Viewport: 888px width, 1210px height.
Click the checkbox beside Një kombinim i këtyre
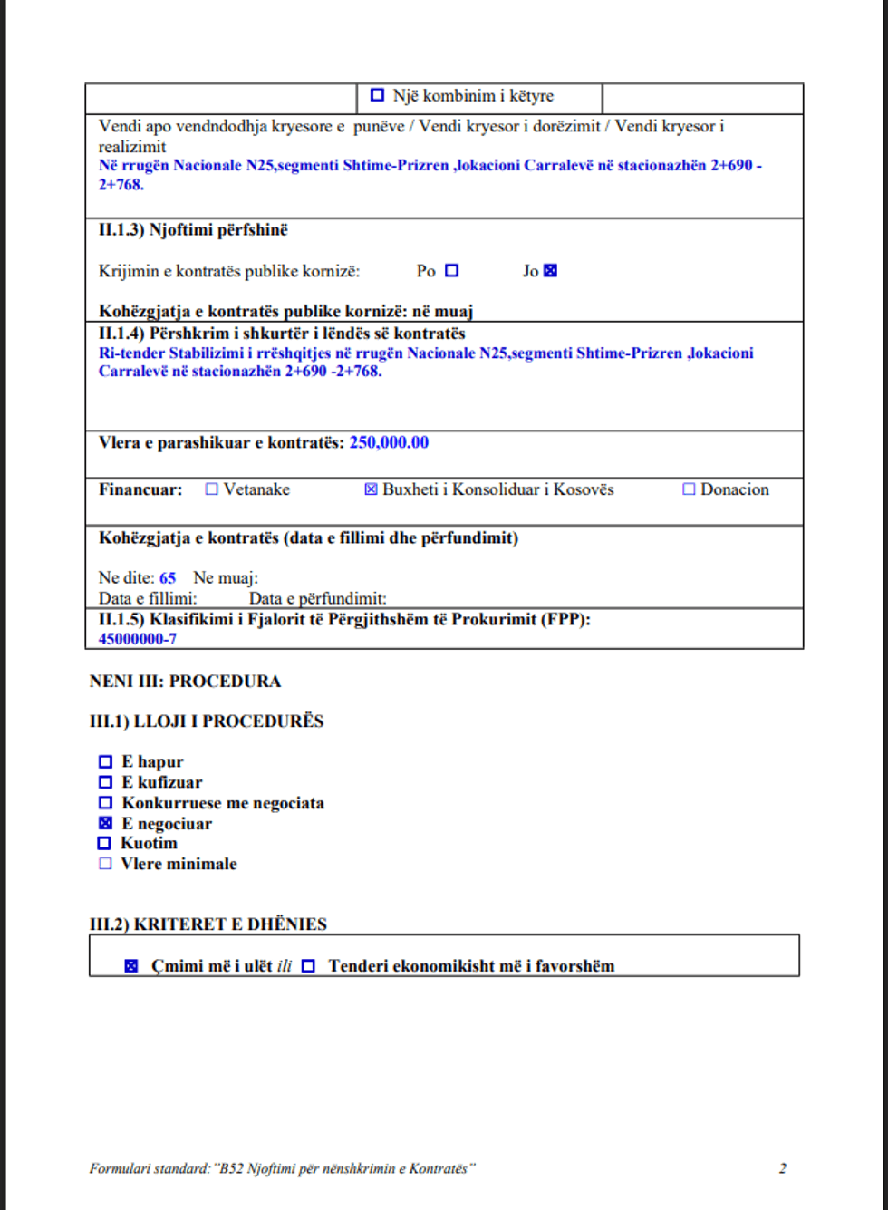[x=378, y=95]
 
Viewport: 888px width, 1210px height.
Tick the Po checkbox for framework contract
[x=452, y=270]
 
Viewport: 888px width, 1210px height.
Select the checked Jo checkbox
[x=550, y=270]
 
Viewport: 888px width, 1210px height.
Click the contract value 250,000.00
[x=389, y=442]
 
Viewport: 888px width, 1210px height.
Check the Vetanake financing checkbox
[x=212, y=489]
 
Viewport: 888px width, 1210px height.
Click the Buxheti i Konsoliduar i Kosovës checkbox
[x=371, y=489]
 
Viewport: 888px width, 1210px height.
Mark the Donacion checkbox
[x=689, y=489]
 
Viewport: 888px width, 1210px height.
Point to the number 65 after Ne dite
[x=168, y=577]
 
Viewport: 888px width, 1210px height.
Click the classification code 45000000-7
[x=138, y=638]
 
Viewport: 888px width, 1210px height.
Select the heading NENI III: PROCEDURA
[x=185, y=682]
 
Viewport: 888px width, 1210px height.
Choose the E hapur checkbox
[x=105, y=762]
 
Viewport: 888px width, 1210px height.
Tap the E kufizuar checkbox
[x=105, y=782]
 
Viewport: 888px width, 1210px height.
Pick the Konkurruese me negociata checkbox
[x=105, y=803]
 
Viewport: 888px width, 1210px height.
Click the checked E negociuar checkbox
[x=105, y=824]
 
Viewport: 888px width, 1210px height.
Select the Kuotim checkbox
[x=104, y=844]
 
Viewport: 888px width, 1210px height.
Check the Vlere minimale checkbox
[x=104, y=864]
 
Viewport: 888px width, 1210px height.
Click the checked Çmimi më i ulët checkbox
[x=131, y=966]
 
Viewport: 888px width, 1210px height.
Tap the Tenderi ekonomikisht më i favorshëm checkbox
[x=308, y=966]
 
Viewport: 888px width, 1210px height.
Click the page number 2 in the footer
[x=782, y=1168]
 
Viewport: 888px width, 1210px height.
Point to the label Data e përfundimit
[x=318, y=598]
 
